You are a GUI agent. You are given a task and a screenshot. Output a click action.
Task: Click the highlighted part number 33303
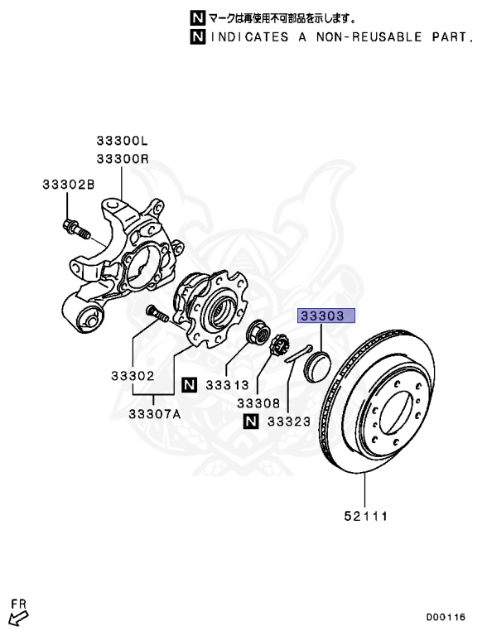click(322, 316)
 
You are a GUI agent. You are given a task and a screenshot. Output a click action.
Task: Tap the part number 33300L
click(122, 141)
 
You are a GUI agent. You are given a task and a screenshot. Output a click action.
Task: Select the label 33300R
click(123, 159)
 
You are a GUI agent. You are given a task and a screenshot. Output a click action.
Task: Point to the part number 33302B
click(68, 185)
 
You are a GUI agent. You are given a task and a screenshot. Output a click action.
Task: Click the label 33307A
click(155, 414)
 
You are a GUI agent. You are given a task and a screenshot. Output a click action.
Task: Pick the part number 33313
click(227, 385)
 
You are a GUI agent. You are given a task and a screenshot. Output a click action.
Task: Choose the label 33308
click(258, 403)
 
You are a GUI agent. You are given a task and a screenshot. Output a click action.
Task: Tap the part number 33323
click(289, 422)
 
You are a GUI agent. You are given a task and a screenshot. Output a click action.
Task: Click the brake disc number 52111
click(366, 516)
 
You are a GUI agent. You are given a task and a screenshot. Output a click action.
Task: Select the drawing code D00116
click(446, 617)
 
